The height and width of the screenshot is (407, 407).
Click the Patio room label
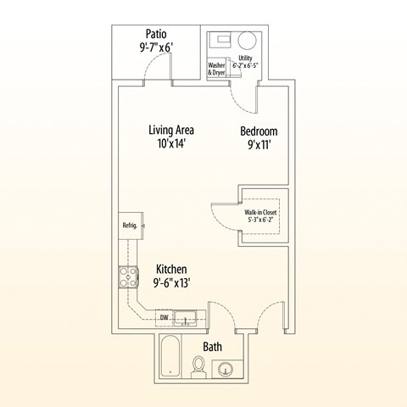[x=156, y=34]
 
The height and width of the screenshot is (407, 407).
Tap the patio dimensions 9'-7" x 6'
[x=156, y=47]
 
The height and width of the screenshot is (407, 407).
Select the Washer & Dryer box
[x=216, y=69]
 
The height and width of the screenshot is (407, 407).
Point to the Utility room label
[x=245, y=59]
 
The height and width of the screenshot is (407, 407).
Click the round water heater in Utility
[x=247, y=41]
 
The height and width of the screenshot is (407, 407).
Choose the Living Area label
[x=171, y=130]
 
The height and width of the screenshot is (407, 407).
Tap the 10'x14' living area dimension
[x=171, y=143]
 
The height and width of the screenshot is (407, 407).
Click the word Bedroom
[x=259, y=131]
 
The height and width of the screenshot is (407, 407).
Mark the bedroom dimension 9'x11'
[x=259, y=145]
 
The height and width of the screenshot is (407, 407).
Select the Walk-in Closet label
[x=260, y=212]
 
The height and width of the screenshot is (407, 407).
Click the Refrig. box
[x=131, y=226]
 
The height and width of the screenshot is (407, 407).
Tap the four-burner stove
[x=129, y=277]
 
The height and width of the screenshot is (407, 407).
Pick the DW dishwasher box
[x=164, y=318]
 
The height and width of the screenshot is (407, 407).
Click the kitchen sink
[x=186, y=318]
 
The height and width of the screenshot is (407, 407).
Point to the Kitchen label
[x=171, y=270]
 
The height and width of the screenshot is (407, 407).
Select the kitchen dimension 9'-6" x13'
[x=171, y=283]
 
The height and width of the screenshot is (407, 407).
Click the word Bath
[x=213, y=347]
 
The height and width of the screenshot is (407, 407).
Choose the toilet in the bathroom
[x=198, y=366]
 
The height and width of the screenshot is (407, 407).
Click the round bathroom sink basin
[x=226, y=370]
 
